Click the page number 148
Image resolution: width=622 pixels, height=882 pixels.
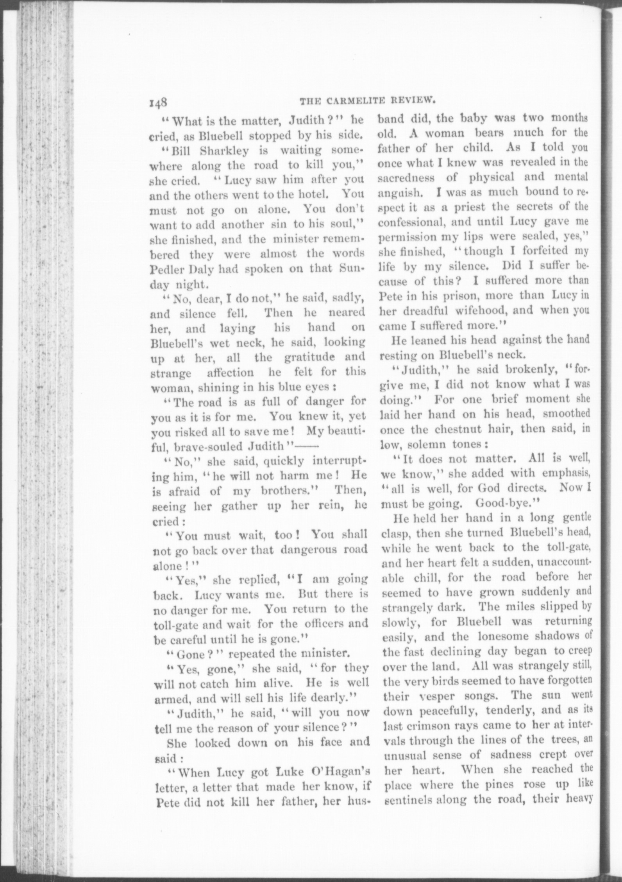(158, 103)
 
